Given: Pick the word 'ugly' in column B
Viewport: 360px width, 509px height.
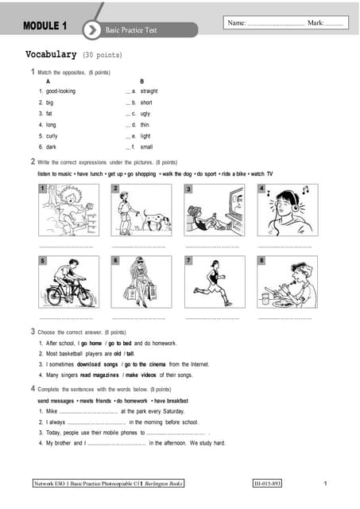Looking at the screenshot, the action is pyautogui.click(x=146, y=114).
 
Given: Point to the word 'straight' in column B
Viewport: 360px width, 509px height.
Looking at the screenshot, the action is pyautogui.click(x=149, y=91).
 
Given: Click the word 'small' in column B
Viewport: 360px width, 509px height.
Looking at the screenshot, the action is pyautogui.click(x=146, y=147).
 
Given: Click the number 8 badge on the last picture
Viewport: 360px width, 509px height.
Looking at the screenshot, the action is pyautogui.click(x=261, y=260).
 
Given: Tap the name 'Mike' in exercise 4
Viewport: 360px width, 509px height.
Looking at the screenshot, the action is pyautogui.click(x=52, y=411).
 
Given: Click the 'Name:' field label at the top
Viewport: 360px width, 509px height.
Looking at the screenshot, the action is pyautogui.click(x=237, y=24).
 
